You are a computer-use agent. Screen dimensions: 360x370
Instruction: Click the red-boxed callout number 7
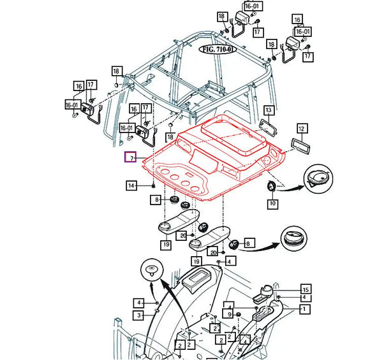click(129, 157)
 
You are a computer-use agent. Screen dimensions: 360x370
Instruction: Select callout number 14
click(131, 186)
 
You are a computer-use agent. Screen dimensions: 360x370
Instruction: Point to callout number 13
click(269, 110)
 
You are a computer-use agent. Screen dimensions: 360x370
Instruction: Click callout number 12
click(302, 128)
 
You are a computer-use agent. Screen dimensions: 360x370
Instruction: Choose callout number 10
click(272, 204)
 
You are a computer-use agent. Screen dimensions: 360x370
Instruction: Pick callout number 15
click(306, 289)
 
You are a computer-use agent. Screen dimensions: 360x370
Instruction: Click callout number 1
click(306, 309)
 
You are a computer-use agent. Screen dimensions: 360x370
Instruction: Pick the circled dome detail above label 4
click(151, 271)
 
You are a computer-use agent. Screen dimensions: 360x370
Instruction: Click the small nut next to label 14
click(154, 185)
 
